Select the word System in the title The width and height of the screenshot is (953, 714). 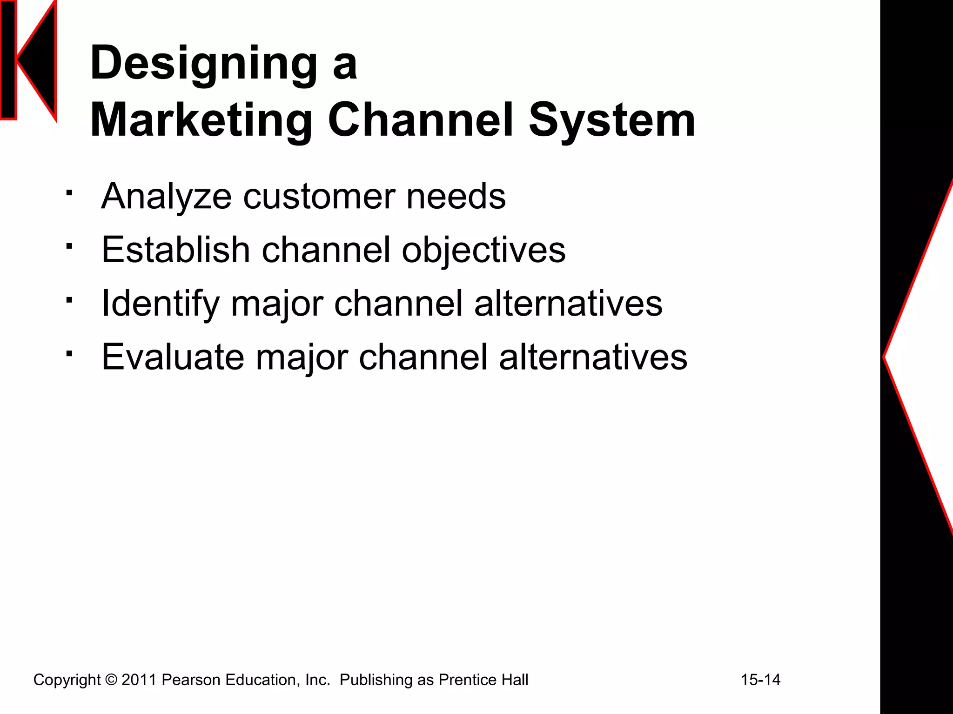tap(612, 120)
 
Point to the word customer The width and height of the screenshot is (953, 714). tap(318, 197)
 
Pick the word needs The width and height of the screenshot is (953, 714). tap(456, 197)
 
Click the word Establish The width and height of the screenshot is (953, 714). tap(176, 250)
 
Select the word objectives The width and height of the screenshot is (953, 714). tap(483, 250)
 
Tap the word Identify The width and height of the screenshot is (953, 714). tap(160, 304)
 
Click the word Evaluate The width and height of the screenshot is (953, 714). tap(173, 357)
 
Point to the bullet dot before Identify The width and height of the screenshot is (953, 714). tap(69, 300)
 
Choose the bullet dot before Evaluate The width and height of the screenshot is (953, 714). tap(69, 354)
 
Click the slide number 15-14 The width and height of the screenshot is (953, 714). tap(760, 680)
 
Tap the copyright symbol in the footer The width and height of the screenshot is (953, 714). tap(111, 680)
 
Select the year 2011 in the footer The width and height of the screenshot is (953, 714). tap(138, 680)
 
